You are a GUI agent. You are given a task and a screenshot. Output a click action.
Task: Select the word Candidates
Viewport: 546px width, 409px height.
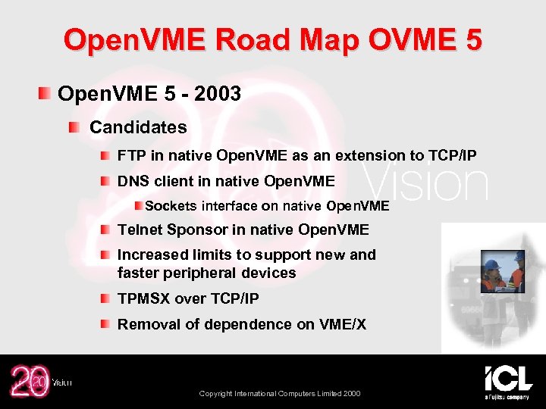coord(138,126)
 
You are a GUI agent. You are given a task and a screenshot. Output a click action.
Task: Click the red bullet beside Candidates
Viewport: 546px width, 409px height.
coord(73,126)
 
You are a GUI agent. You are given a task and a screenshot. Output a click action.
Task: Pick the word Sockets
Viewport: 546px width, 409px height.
coord(170,206)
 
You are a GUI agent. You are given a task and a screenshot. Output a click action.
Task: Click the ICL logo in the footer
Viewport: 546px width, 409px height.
coord(507,379)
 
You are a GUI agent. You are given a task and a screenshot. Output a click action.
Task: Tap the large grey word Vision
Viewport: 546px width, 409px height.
coord(428,184)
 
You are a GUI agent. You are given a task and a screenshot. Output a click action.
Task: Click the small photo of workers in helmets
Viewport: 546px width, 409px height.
coord(502,270)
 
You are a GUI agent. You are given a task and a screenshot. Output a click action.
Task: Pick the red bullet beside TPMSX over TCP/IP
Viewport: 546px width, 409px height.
coord(106,298)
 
